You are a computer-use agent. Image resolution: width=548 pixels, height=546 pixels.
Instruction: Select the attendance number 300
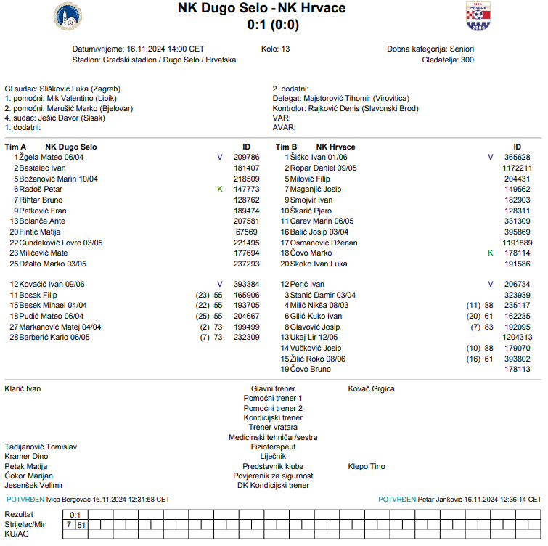(x=467, y=60)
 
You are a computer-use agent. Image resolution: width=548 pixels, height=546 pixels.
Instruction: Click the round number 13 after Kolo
(x=285, y=49)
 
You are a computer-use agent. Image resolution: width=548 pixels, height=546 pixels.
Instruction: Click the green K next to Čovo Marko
(x=490, y=253)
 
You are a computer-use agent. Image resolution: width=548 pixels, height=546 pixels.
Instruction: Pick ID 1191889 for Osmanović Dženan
(x=518, y=243)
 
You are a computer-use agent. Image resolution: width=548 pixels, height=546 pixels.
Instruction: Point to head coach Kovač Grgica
(x=372, y=388)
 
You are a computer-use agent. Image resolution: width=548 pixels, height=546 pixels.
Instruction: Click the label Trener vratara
(x=273, y=428)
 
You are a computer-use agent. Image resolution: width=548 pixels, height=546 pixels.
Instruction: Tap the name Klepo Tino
(x=367, y=466)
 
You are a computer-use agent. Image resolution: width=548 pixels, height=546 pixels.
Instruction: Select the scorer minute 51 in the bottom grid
(x=81, y=524)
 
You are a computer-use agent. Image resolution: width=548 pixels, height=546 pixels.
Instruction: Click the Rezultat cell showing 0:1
(x=74, y=514)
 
